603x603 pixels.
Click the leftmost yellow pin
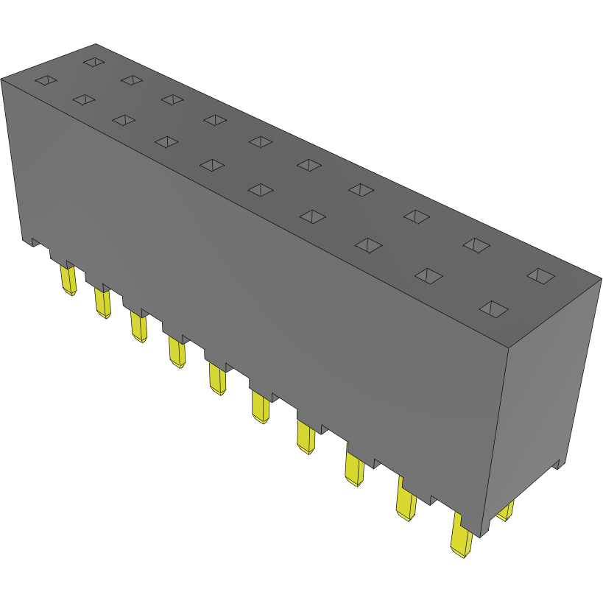68,280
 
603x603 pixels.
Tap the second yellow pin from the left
101,302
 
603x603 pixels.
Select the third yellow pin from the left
138,326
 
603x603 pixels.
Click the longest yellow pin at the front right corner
461,535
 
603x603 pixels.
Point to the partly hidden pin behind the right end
506,510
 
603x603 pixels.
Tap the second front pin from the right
406,500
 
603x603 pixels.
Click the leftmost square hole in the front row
45,80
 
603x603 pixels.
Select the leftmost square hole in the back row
94,62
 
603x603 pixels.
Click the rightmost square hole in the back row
543,276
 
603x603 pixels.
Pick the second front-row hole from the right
429,275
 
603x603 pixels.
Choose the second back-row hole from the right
476,245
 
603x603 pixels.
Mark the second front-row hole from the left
85,99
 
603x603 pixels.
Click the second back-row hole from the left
132,80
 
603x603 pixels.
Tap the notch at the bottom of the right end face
560,463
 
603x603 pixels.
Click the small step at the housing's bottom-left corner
34,241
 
